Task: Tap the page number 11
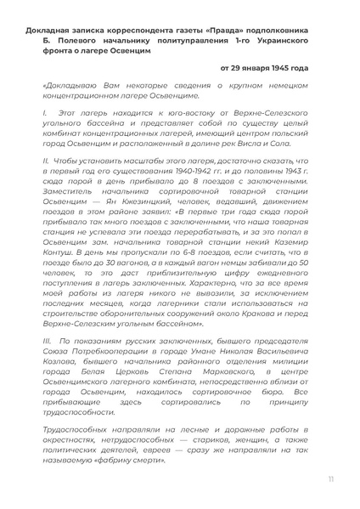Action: (328, 480)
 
